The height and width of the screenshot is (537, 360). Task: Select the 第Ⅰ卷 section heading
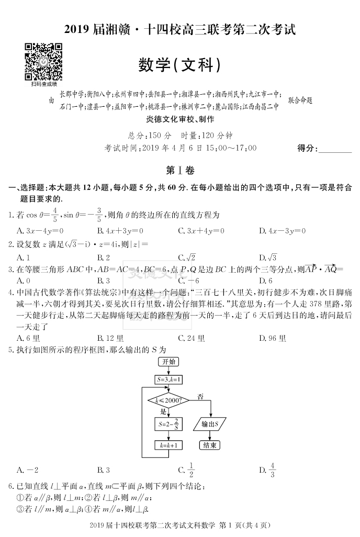(179, 171)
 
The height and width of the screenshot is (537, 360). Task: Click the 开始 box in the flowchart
(168, 362)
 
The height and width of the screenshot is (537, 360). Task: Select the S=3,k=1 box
(168, 379)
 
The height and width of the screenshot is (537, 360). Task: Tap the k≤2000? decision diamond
(169, 400)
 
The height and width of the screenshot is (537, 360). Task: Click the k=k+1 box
(168, 445)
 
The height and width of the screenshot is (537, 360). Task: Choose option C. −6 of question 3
(189, 281)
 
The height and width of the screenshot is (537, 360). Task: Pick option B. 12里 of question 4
(110, 338)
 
